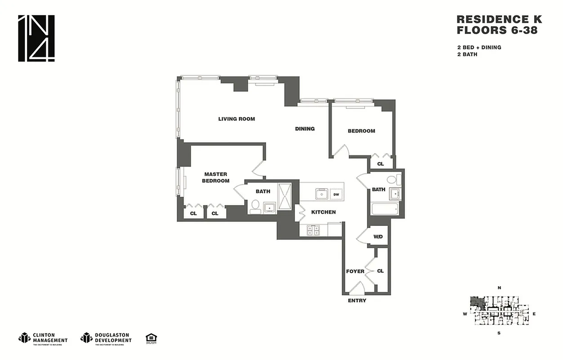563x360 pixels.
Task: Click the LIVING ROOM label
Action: tap(237, 119)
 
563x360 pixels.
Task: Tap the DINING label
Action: tap(304, 129)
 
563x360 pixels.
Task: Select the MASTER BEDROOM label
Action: tap(215, 177)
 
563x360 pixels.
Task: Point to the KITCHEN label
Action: tap(323, 212)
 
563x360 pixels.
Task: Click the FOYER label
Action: tap(355, 271)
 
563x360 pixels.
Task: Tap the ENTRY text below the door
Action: tap(357, 301)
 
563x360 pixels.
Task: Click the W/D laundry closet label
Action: tap(378, 237)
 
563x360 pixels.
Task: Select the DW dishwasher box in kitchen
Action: tap(336, 195)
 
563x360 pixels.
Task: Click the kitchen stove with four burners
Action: tap(313, 230)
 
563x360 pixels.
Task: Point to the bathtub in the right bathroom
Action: tap(385, 209)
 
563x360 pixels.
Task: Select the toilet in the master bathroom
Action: tap(255, 206)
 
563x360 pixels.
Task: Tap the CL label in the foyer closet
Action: tap(380, 271)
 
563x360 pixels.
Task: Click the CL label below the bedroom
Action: tap(380, 164)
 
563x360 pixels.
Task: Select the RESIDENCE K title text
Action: tap(499, 19)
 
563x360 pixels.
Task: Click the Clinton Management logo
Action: tap(43, 337)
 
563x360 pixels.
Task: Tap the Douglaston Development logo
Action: tap(106, 337)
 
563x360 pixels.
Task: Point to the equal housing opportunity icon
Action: tap(151, 338)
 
